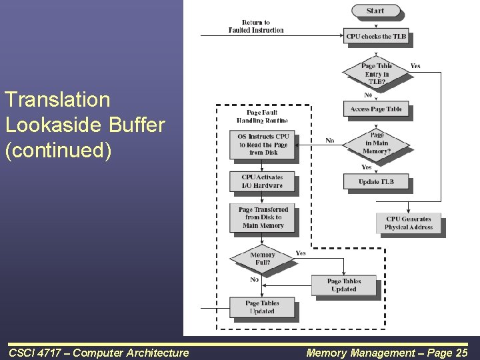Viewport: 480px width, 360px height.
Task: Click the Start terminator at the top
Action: coord(375,11)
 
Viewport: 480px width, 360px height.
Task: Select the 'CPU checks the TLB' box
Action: coord(376,37)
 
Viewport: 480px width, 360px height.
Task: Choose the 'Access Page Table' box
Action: coord(376,109)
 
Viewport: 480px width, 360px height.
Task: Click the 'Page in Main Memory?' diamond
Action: coord(377,143)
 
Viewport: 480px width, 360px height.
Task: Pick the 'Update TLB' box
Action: coord(376,181)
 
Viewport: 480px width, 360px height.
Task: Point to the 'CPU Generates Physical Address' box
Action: coord(408,223)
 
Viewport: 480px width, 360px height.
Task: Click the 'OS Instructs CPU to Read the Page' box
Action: coord(262,145)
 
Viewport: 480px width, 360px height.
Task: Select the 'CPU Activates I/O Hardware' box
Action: coord(262,181)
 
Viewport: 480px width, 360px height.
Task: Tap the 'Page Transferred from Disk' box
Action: coord(262,217)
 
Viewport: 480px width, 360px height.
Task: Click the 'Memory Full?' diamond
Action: coord(262,259)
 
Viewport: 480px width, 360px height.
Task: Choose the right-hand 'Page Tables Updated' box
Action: coord(343,285)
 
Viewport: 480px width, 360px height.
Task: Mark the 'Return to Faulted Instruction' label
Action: coord(256,27)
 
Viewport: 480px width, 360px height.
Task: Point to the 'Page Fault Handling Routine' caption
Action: coord(262,117)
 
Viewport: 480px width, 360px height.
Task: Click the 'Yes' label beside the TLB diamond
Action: coord(415,66)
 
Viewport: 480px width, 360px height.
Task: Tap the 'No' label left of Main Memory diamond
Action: coord(329,141)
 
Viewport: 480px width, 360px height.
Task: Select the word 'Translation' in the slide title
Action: coord(57,100)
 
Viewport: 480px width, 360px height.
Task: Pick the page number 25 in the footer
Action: coord(460,352)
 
